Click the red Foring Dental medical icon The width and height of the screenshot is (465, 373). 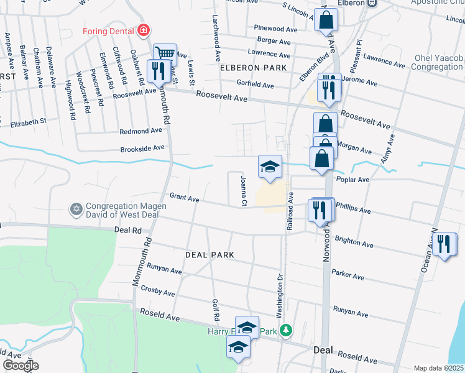click(x=144, y=30)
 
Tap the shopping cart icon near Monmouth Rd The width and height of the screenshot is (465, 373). click(x=165, y=54)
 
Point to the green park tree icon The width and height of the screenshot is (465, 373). click(x=285, y=330)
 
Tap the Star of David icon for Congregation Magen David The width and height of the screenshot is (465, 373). click(x=76, y=208)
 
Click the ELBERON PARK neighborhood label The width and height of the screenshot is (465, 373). click(x=252, y=67)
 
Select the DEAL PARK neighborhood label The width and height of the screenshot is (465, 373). click(x=209, y=255)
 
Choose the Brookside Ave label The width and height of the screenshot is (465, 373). click(x=143, y=148)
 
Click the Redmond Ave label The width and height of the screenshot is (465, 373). click(x=141, y=131)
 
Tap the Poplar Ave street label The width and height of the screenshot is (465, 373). click(x=352, y=179)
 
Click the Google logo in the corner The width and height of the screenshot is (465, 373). click(x=20, y=366)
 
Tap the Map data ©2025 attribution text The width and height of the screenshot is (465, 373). click(x=438, y=368)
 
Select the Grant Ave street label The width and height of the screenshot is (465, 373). click(x=184, y=199)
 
